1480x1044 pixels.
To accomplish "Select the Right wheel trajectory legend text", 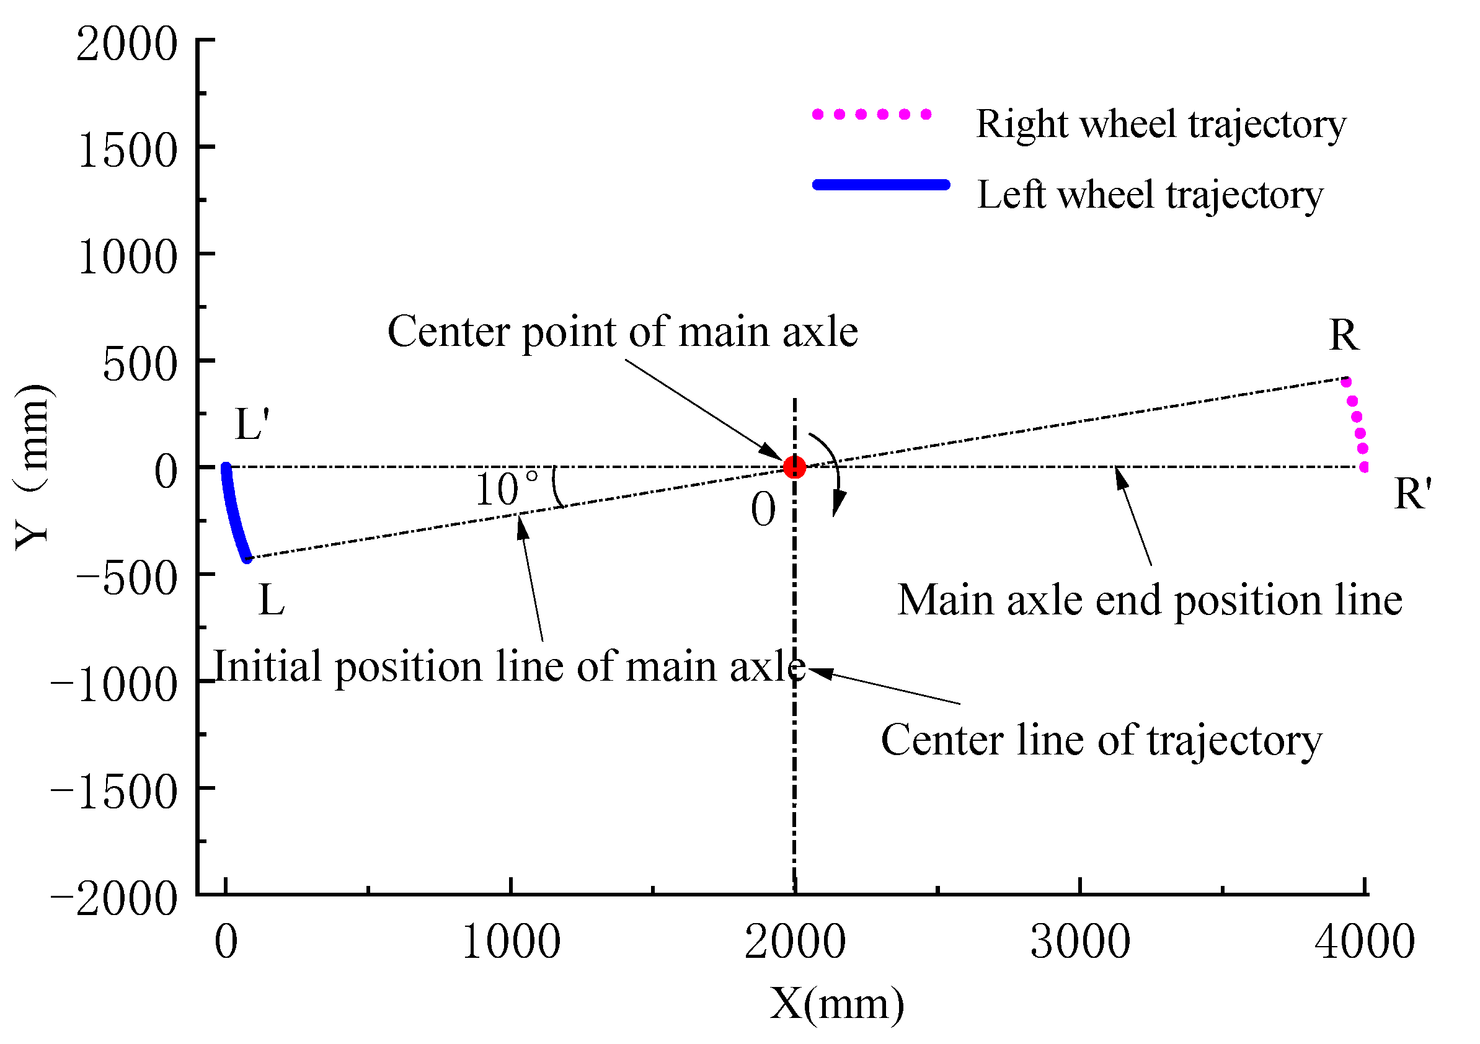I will point(1161,124).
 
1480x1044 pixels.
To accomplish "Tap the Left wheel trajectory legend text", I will point(1150,195).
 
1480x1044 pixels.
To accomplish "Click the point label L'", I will point(252,425).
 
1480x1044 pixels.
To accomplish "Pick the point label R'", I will point(1412,495).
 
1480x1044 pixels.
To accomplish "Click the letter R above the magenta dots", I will point(1344,336).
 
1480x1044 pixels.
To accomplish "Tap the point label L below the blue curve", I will point(272,601).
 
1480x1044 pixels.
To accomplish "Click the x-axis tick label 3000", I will point(1080,942).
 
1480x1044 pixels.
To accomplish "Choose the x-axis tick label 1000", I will point(512,942).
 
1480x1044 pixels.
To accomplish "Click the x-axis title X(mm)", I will point(836,1004).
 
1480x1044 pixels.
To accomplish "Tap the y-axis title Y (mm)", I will point(32,467).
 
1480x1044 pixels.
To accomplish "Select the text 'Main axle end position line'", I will point(1150,601).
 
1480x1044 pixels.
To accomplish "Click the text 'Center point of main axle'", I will point(623,332).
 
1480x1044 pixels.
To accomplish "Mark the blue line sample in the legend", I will point(881,185).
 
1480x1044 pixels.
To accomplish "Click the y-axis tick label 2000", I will point(127,45).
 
